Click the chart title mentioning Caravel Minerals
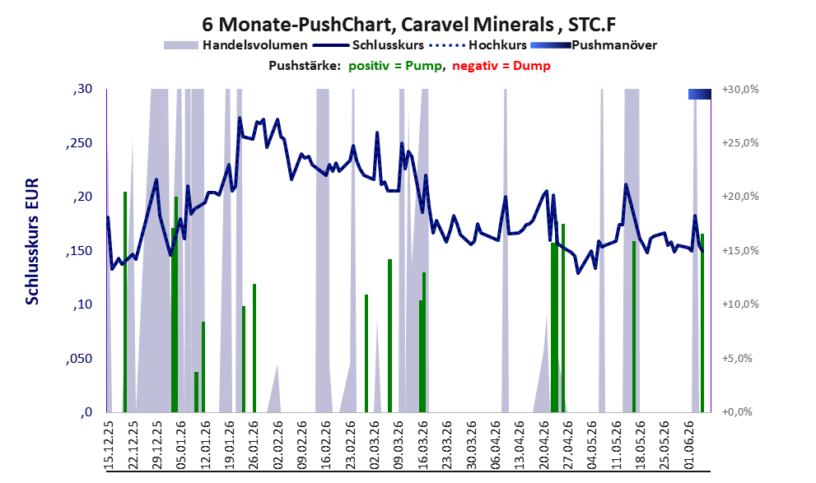(409, 25)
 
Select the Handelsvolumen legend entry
(235, 45)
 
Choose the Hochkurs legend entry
(478, 45)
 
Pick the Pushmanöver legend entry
(594, 45)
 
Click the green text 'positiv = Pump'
(395, 66)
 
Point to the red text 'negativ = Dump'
(501, 66)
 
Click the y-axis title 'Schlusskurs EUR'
(32, 241)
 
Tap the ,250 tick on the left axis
(79, 143)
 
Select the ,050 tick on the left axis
(79, 358)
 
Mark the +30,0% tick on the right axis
(740, 90)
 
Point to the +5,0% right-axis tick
(737, 358)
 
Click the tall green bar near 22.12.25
(125, 301)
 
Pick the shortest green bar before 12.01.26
(196, 392)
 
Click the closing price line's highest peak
(240, 118)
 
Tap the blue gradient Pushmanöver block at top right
(699, 94)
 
